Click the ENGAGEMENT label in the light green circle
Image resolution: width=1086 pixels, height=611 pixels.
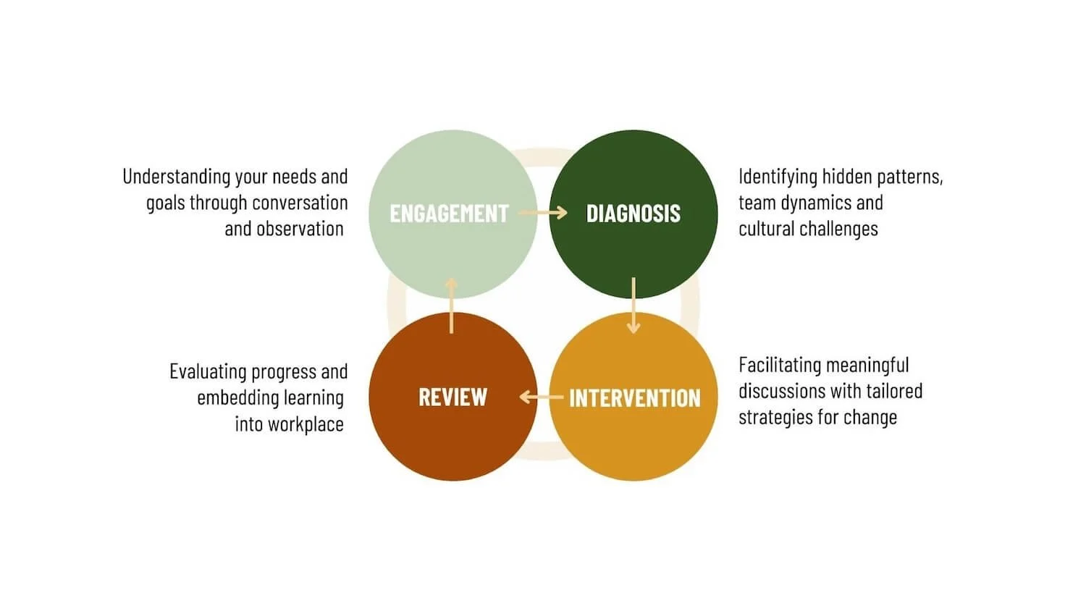click(449, 214)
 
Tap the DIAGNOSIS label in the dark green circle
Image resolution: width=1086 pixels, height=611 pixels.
click(633, 214)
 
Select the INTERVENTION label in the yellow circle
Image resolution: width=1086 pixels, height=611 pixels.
click(635, 398)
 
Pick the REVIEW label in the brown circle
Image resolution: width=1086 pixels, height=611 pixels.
click(453, 397)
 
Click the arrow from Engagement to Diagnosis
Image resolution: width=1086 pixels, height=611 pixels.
click(543, 213)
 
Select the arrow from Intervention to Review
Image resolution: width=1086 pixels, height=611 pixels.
click(541, 397)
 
